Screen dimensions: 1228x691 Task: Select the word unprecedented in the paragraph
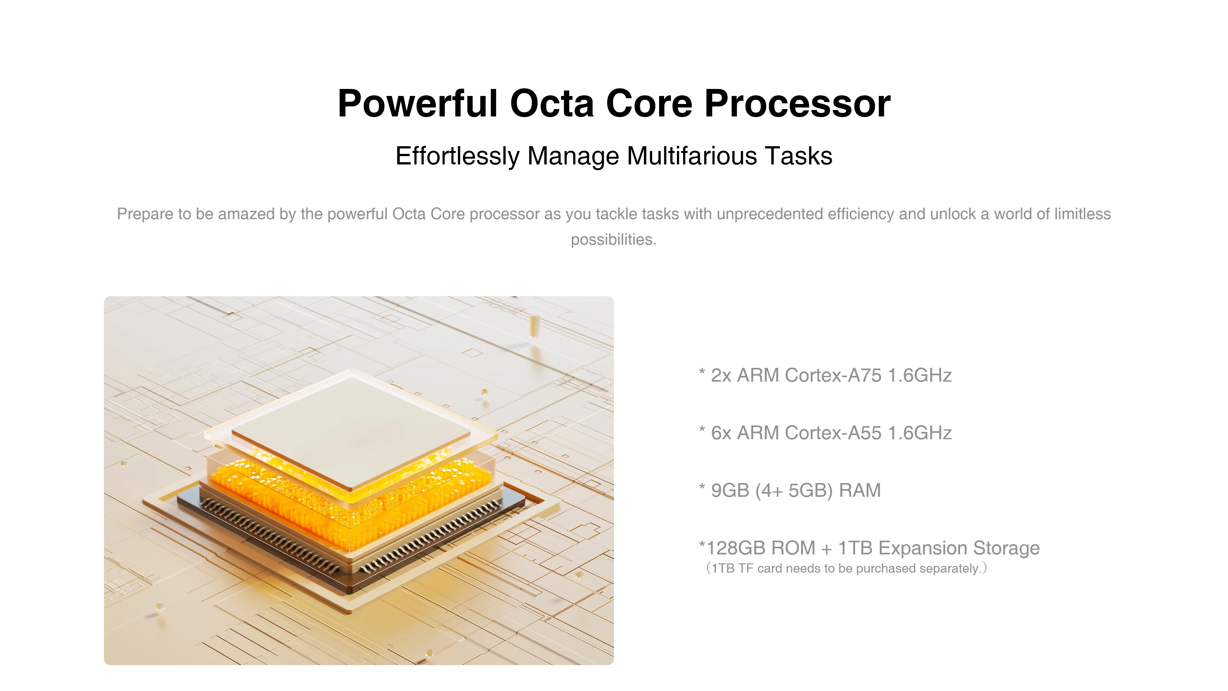click(x=770, y=214)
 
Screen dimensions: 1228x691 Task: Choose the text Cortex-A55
click(x=833, y=433)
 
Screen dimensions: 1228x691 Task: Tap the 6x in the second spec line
click(x=721, y=433)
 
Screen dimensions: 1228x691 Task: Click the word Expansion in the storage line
click(x=922, y=548)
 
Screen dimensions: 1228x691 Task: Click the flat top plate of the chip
click(x=351, y=432)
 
